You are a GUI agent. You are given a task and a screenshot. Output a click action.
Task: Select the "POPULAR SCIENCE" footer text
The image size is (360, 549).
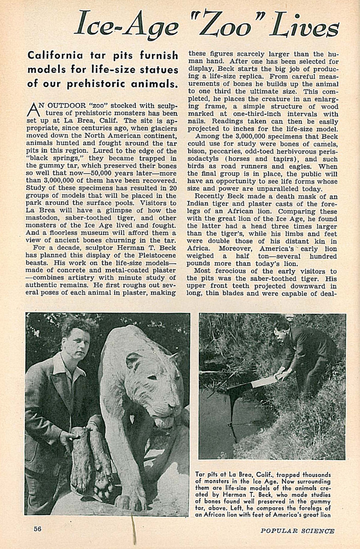pos(297,531)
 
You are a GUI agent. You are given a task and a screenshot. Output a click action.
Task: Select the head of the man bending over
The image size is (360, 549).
pos(281,328)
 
